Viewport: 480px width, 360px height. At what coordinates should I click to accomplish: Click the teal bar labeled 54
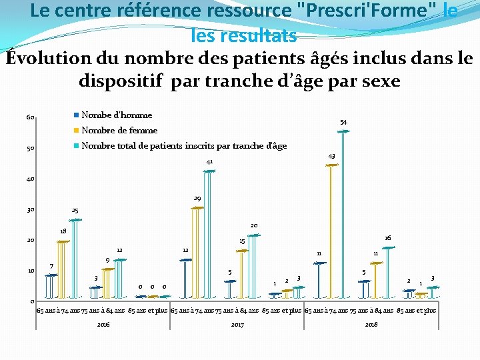pos(343,213)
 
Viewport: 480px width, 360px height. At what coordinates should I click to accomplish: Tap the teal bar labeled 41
pos(209,233)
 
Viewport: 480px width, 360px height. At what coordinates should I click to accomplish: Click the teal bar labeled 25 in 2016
pos(75,257)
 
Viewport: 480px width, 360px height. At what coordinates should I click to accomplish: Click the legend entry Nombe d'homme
pos(116,115)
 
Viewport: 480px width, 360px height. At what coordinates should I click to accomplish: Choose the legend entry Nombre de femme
pos(119,131)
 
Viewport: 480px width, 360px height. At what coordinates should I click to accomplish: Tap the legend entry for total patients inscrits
pos(183,146)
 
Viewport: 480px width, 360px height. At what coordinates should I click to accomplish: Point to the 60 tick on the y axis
pos(30,118)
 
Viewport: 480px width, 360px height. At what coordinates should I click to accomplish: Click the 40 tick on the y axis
pos(30,179)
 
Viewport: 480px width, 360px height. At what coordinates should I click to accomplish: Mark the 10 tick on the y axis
pos(30,271)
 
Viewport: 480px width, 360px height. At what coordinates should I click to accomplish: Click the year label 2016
pos(103,325)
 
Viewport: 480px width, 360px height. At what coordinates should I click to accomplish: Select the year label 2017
pos(237,325)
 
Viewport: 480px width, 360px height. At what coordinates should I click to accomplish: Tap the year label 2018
pos(371,325)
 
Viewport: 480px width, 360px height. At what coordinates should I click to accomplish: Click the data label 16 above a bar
pos(387,238)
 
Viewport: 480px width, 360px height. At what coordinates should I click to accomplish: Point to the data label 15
pos(242,241)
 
